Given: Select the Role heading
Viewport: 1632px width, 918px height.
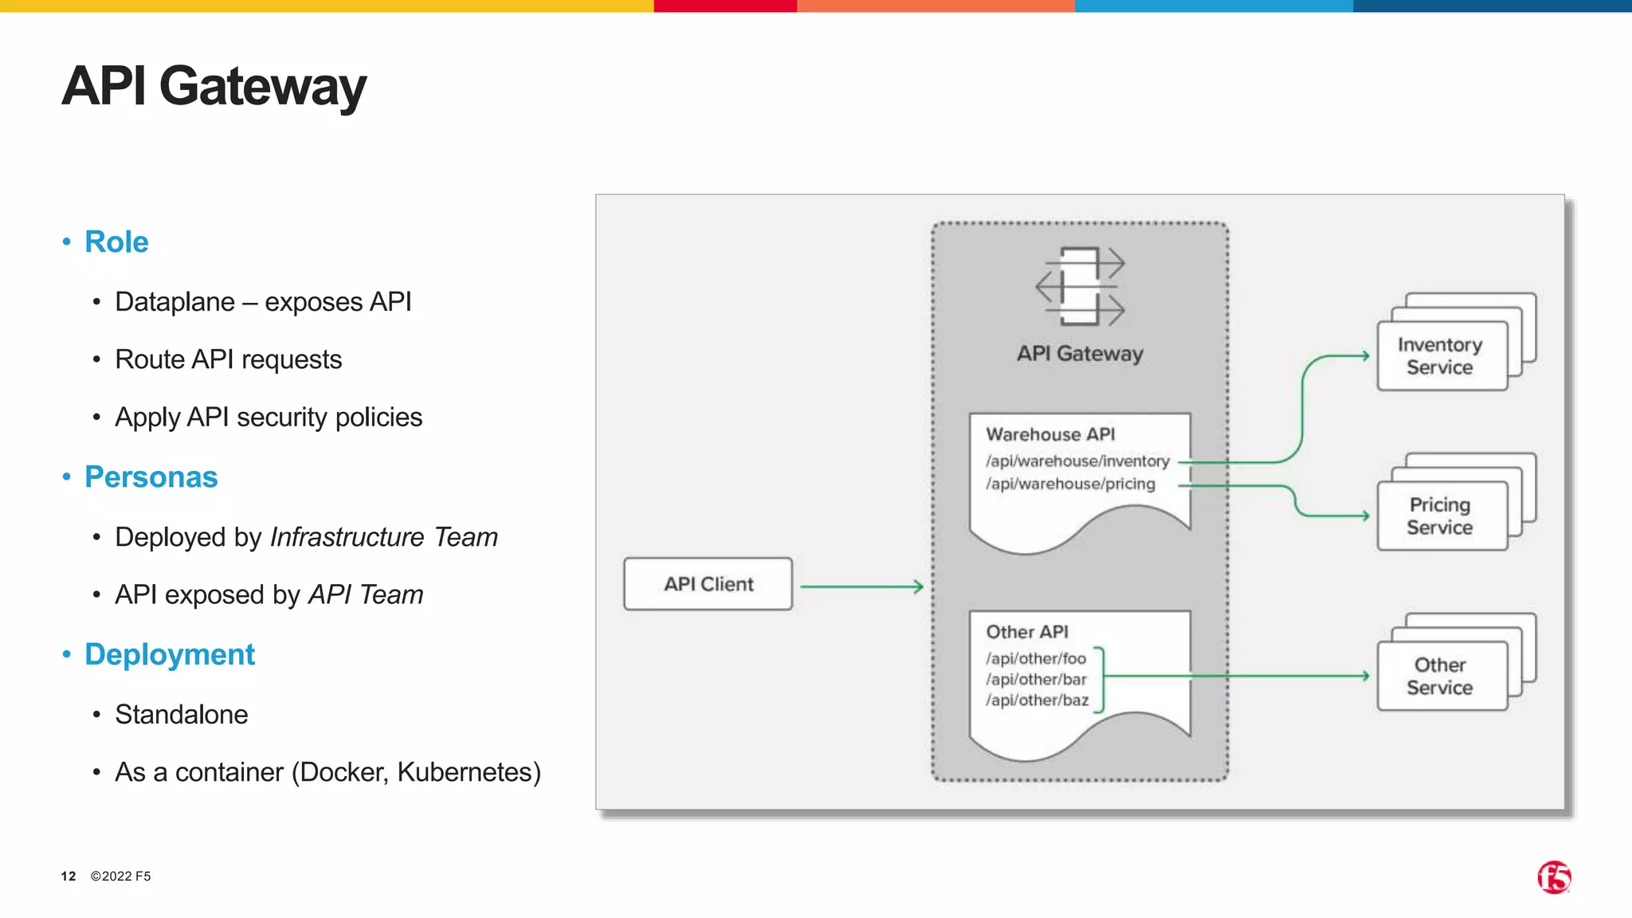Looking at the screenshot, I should pos(116,242).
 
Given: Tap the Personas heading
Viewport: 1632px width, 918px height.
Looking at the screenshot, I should pos(151,477).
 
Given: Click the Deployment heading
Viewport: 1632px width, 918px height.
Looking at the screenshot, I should pos(169,655).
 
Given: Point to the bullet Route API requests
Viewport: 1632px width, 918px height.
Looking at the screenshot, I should pos(228,359).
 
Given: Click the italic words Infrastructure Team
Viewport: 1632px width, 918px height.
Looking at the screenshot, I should pos(383,537).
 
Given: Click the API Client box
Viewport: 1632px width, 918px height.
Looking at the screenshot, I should pos(708,584).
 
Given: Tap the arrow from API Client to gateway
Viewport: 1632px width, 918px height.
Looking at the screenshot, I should pos(861,586).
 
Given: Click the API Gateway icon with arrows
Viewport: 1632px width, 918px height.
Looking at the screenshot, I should pos(1080,286).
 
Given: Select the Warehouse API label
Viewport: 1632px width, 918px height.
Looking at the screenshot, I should pos(1050,434).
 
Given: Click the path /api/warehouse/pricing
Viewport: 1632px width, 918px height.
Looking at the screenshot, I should pos(1070,484).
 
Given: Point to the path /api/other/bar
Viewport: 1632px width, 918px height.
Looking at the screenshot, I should pos(1036,679).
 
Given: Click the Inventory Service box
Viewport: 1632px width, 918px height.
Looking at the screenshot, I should pos(1441,356).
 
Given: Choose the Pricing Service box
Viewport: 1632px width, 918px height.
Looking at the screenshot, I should pos(1441,516).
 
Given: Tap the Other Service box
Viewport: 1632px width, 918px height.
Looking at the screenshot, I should pos(1441,677).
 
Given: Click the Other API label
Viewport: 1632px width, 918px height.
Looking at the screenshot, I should pos(1026,632).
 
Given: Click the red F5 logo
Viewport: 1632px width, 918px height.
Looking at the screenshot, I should pos(1553,877).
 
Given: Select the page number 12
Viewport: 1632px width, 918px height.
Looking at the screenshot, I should pos(69,877).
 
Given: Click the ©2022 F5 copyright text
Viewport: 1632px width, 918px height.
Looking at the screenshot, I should pos(120,877).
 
